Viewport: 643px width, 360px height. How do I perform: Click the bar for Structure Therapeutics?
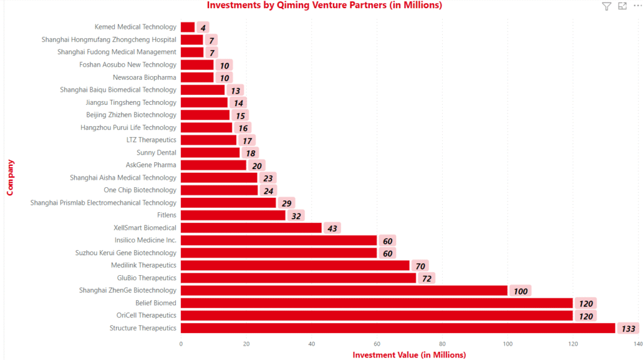tap(397, 328)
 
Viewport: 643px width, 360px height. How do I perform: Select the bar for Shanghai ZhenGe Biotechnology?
tap(343, 290)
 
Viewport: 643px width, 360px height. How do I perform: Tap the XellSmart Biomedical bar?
tap(251, 227)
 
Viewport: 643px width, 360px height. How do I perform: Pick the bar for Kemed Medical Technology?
tap(187, 27)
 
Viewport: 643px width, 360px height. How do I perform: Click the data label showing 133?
tap(628, 329)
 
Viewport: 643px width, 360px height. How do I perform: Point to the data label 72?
tap(426, 278)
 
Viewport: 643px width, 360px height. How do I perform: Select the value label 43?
tap(332, 228)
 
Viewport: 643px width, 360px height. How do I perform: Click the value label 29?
tap(286, 203)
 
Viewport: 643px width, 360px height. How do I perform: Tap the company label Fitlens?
tap(166, 215)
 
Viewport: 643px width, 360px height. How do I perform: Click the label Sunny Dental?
tap(156, 152)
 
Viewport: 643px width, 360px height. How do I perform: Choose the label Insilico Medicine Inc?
tap(145, 240)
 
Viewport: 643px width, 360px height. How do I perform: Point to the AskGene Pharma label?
tap(151, 165)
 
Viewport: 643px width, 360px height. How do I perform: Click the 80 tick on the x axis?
tap(442, 344)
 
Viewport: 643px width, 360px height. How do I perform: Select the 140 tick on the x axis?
tap(638, 344)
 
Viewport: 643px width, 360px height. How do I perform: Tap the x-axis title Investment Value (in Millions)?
tap(409, 355)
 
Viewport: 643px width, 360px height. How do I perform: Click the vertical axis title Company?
tap(10, 177)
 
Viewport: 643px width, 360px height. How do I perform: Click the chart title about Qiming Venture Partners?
tap(324, 6)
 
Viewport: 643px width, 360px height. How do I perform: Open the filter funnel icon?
tap(606, 6)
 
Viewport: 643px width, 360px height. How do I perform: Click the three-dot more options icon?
tap(637, 6)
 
